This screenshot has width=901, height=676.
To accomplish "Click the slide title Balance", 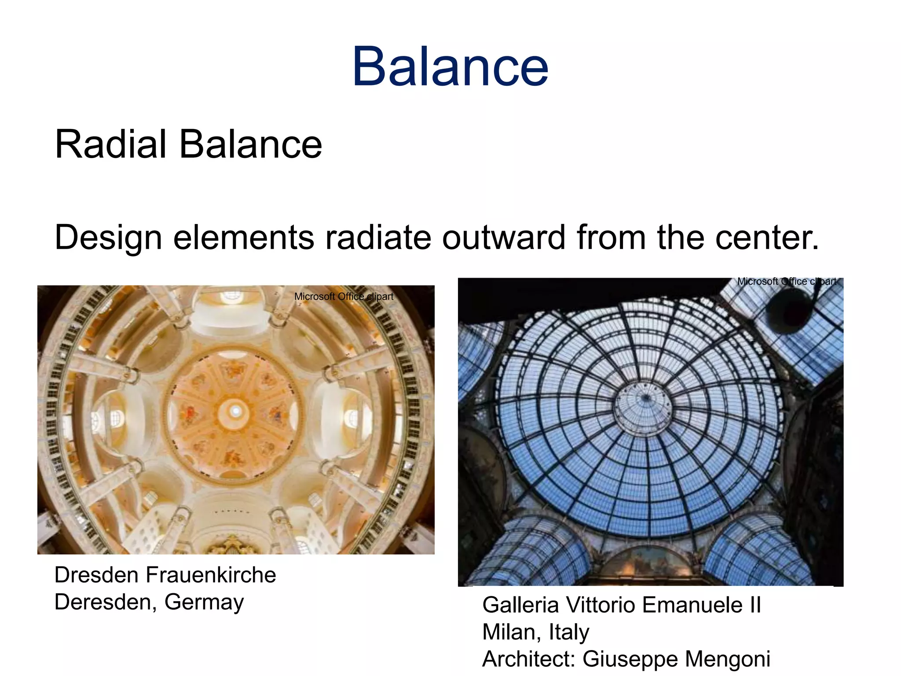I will pyautogui.click(x=450, y=67).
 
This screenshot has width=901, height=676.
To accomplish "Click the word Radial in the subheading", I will pyautogui.click(x=110, y=145).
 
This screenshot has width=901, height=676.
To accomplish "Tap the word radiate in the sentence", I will pyautogui.click(x=378, y=238).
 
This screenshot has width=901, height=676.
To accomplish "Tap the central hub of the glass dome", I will pyautogui.click(x=645, y=398).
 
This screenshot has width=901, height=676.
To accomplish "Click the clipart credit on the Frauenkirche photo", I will pyautogui.click(x=344, y=297).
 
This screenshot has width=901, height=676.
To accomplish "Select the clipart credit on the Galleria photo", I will pyautogui.click(x=787, y=282).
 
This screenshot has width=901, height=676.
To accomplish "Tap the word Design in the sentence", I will pyautogui.click(x=108, y=238).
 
